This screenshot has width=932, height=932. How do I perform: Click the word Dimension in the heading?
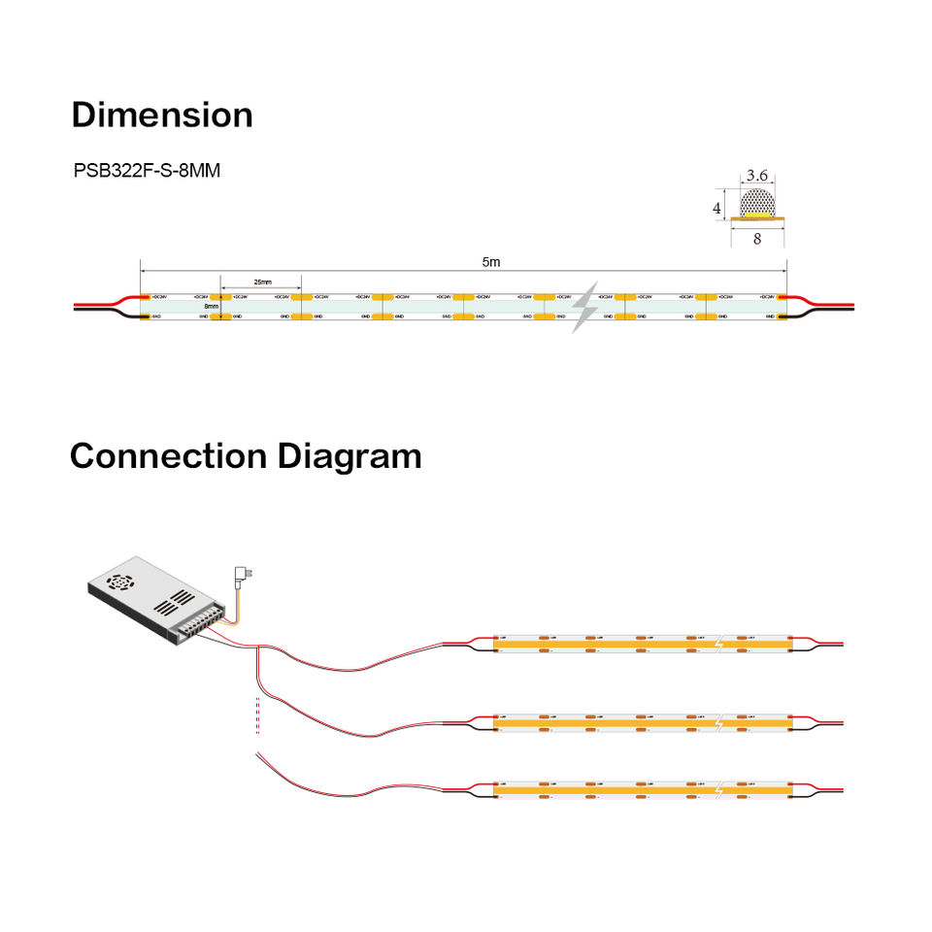162,115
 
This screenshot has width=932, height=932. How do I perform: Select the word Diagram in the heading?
349,455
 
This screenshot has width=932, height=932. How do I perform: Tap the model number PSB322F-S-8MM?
147,171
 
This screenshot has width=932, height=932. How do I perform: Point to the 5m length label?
492,262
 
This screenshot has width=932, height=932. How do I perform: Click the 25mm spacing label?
262,282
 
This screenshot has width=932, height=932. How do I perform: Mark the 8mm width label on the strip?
211,306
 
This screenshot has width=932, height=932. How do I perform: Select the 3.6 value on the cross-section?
757,176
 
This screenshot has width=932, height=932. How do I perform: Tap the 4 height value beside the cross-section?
717,208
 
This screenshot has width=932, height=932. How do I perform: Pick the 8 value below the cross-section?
757,239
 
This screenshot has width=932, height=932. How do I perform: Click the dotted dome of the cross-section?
757,203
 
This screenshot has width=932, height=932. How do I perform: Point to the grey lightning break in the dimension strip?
585,308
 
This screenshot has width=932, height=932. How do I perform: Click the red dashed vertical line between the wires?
257,711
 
